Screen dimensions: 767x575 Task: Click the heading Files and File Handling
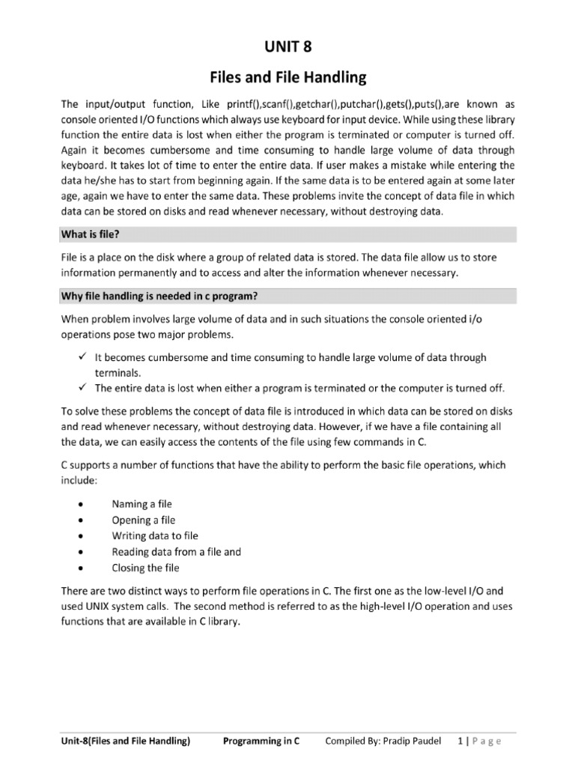tap(287, 76)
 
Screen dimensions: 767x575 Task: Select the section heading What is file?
tap(89, 235)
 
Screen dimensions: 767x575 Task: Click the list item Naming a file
tap(142, 504)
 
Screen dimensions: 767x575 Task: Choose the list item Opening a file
tap(143, 520)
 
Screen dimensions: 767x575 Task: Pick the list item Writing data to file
tap(155, 536)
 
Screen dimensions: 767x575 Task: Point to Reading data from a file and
tap(176, 552)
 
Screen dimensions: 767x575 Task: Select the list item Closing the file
tap(145, 568)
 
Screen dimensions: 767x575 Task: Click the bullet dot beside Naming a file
tap(80, 505)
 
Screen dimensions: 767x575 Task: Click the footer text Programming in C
tap(261, 742)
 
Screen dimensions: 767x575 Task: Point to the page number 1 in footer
tap(460, 742)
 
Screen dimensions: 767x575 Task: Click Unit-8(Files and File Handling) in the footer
tap(126, 742)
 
